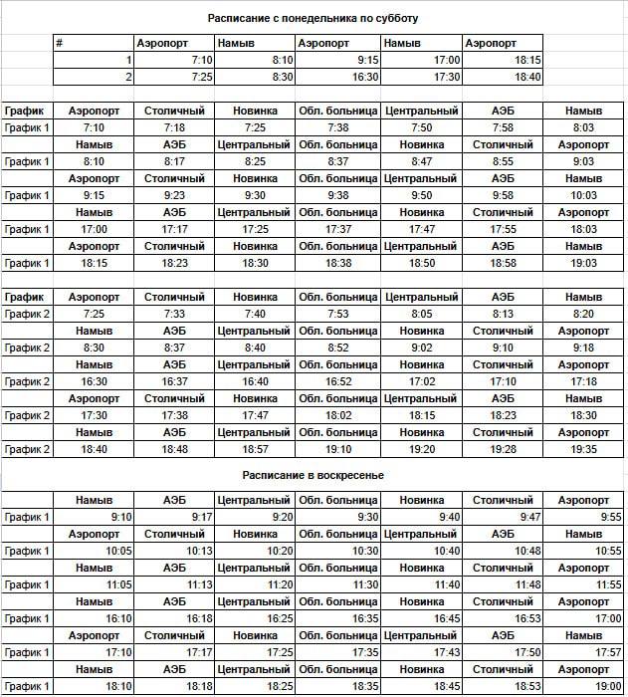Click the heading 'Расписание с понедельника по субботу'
(x=313, y=18)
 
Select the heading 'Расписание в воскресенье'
(x=314, y=475)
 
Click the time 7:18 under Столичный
(x=173, y=127)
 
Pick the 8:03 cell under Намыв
(x=583, y=127)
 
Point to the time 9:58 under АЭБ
(x=503, y=195)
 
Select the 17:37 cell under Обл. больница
(x=337, y=229)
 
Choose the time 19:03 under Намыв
(x=583, y=263)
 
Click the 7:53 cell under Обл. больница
(x=337, y=314)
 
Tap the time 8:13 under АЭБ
(x=503, y=314)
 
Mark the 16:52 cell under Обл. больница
(x=337, y=381)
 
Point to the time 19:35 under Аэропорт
(x=583, y=449)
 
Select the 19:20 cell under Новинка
(x=421, y=449)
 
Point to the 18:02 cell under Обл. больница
(x=337, y=415)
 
